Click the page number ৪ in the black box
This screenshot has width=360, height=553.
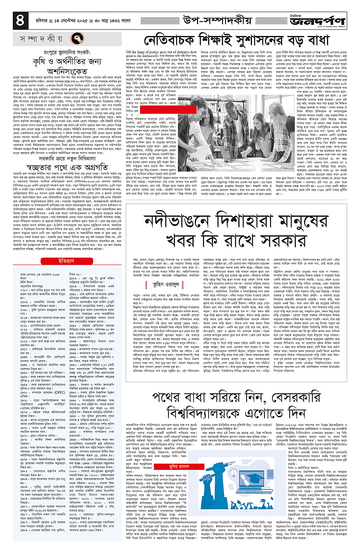coord(19,19)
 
